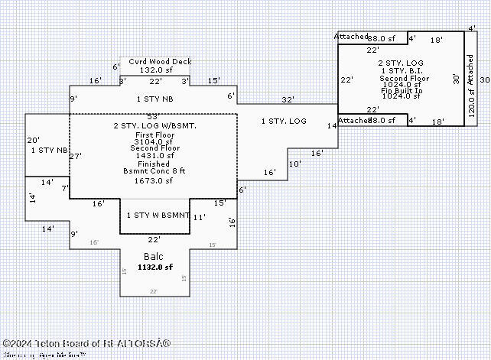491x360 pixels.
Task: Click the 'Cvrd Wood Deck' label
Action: (160, 62)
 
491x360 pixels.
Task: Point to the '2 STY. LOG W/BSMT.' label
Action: (154, 125)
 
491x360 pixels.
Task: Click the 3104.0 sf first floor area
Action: (154, 141)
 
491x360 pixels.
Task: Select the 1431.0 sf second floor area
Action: (154, 156)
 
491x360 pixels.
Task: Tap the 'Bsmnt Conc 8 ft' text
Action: (154, 173)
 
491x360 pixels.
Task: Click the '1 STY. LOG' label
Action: (284, 122)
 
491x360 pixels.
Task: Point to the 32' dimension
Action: (287, 99)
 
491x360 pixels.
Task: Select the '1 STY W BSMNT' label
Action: (158, 216)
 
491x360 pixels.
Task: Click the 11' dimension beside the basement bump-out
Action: (199, 217)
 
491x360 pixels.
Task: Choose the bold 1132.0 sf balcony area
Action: (155, 268)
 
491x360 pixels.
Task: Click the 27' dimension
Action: (75, 156)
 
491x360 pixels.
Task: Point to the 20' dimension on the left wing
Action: (33, 141)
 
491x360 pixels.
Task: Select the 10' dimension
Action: (294, 164)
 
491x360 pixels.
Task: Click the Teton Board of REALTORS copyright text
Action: (87, 344)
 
